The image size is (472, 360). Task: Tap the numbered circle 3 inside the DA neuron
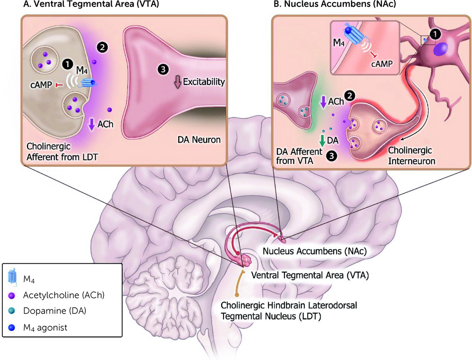point(162,69)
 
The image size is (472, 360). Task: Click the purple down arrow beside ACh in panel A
point(91,125)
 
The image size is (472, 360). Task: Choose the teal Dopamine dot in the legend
point(12,311)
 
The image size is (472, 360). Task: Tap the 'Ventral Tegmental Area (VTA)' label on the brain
point(310,275)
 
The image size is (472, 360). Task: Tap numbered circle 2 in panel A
point(100,47)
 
